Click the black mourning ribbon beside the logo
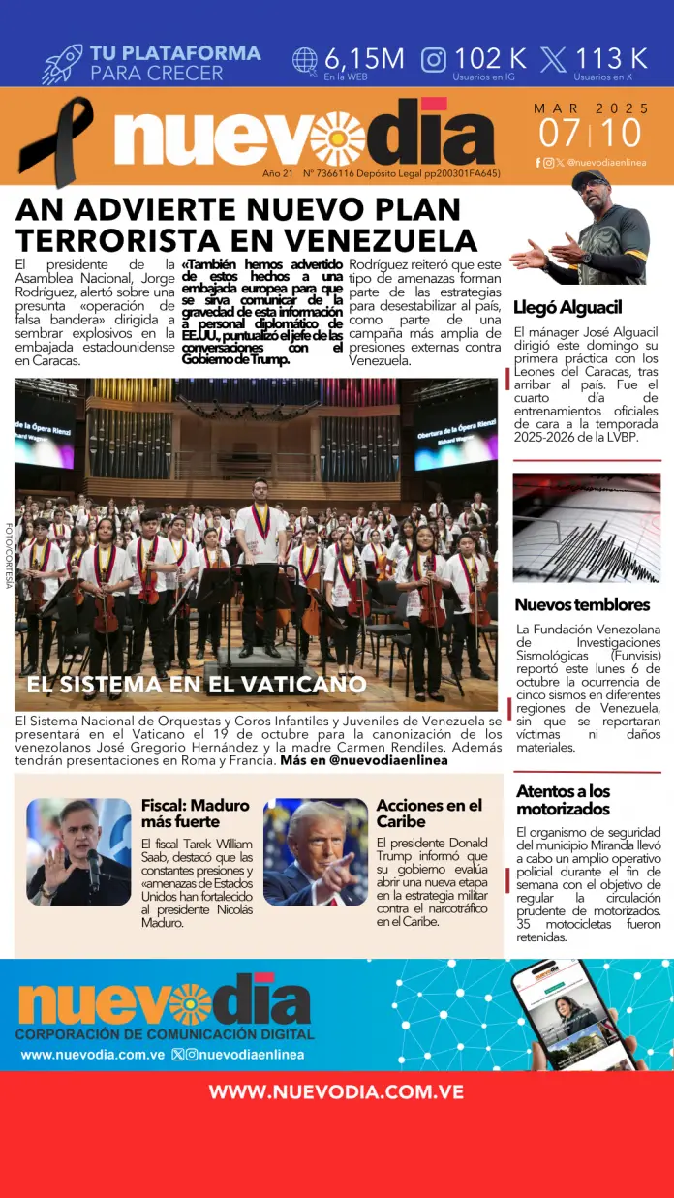[x=55, y=140]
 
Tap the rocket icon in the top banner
[x=62, y=63]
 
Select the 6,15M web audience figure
[x=364, y=58]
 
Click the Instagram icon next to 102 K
[x=434, y=59]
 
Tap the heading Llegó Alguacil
[x=567, y=307]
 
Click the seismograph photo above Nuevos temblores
[x=586, y=527]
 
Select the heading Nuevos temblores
[x=582, y=604]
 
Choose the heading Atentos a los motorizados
[x=563, y=800]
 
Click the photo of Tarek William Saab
[x=78, y=851]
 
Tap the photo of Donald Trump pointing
[x=315, y=851]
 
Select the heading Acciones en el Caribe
[x=429, y=813]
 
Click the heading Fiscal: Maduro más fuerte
[x=195, y=813]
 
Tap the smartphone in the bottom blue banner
[x=570, y=1014]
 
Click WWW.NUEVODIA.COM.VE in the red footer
[x=336, y=1091]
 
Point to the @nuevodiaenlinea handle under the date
[x=606, y=163]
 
